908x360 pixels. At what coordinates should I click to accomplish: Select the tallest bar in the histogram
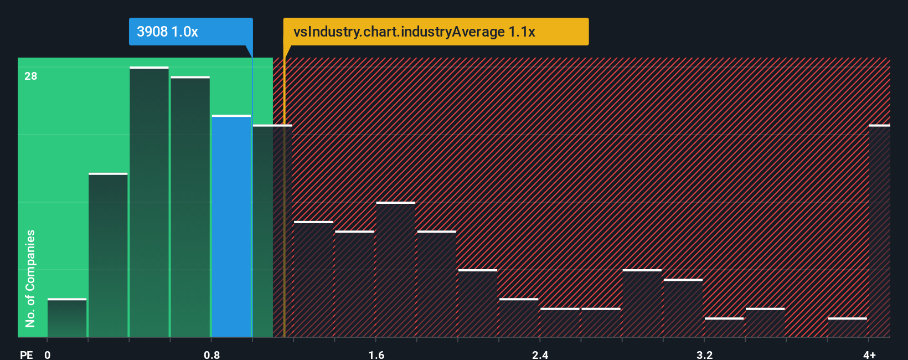[149, 202]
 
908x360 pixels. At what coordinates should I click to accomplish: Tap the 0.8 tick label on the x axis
[211, 354]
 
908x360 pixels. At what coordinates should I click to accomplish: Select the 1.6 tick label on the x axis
[376, 354]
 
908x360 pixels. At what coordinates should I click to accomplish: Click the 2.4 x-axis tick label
[540, 354]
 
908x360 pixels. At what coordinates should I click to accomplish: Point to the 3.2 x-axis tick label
[704, 354]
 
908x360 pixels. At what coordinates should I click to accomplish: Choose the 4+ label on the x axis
[869, 354]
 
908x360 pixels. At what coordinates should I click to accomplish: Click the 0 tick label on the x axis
[48, 354]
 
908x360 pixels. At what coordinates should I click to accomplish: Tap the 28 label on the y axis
[31, 76]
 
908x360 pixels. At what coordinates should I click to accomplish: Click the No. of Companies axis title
[30, 278]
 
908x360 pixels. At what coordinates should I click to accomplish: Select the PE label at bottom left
[26, 354]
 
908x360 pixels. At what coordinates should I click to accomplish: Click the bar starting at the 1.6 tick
[395, 270]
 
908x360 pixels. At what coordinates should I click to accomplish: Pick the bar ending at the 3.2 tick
[683, 308]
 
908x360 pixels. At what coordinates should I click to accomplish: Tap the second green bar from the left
[108, 255]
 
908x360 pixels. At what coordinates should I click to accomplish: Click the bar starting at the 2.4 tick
[560, 322]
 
